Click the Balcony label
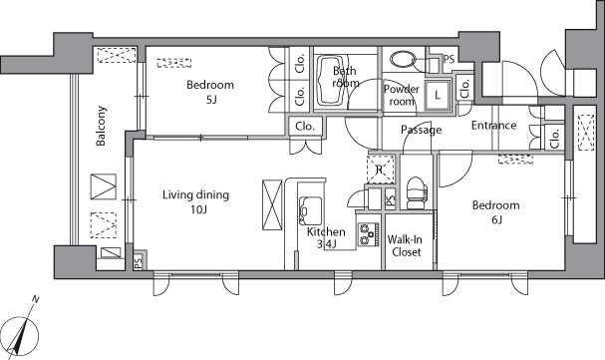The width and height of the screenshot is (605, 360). click(101, 126)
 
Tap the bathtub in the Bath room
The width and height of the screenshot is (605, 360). click(330, 81)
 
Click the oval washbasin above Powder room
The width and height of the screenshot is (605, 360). click(403, 60)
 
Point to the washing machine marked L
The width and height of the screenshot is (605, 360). click(438, 95)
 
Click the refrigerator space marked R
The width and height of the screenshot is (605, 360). click(380, 169)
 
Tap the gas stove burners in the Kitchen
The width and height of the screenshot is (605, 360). click(368, 234)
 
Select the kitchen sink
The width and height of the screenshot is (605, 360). click(311, 209)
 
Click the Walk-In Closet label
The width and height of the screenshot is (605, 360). click(405, 245)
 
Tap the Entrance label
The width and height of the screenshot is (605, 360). click(494, 125)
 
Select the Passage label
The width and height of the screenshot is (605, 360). click(421, 130)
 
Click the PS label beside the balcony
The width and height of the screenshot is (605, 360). click(138, 262)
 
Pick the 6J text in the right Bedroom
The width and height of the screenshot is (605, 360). click(496, 220)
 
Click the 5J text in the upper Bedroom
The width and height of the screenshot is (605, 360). click(210, 100)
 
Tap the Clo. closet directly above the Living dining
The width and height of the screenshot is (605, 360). click(305, 127)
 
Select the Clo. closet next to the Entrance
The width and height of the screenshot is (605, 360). click(554, 138)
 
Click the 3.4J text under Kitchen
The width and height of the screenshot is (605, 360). click(327, 244)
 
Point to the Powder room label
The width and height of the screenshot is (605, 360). click(402, 95)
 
